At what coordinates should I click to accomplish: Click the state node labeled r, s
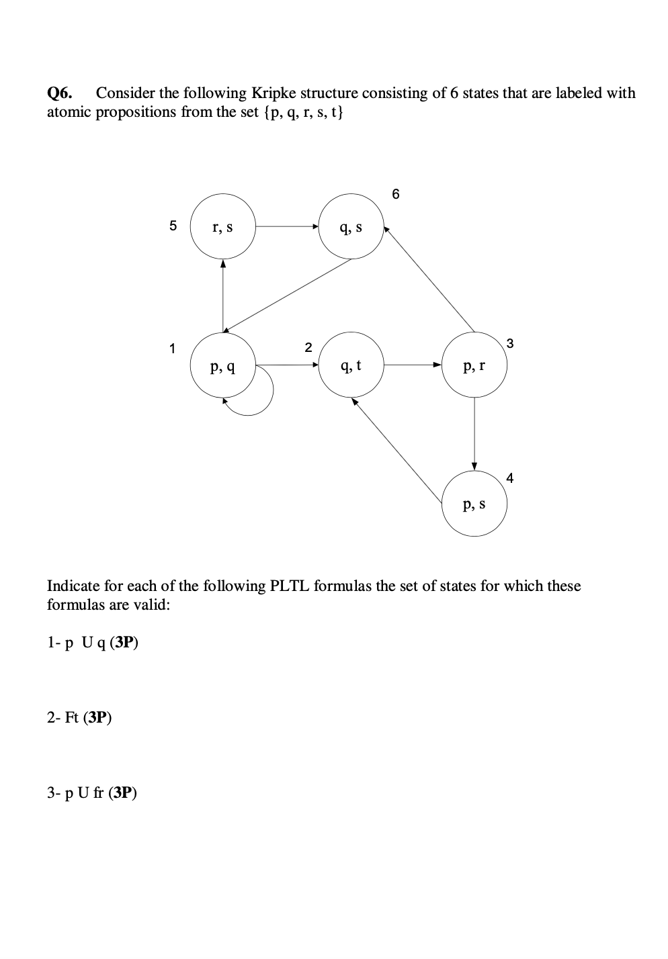click(222, 227)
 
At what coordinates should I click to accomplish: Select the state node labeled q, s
click(351, 227)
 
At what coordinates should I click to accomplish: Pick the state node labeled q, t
click(351, 365)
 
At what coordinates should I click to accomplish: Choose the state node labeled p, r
click(474, 365)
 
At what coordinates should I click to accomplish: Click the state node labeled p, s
click(474, 504)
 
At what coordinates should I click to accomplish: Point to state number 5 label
click(173, 226)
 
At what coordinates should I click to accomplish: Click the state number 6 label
click(395, 195)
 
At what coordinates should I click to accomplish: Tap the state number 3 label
click(510, 344)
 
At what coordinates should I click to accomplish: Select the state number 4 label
click(510, 478)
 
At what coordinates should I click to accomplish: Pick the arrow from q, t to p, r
click(413, 365)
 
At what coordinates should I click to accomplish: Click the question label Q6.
click(60, 93)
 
